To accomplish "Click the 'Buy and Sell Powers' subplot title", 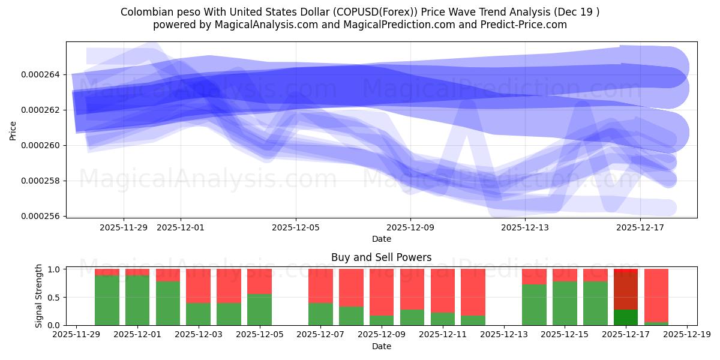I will click(381, 257).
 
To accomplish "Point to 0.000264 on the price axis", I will click(44, 74).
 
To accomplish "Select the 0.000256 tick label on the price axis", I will click(44, 216).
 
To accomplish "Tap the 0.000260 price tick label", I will click(44, 145).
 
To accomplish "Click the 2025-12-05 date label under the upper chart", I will click(295, 227).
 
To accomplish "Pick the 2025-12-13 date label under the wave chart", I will click(525, 227).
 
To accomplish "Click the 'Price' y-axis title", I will click(13, 130).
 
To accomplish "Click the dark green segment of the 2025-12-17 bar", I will click(626, 317).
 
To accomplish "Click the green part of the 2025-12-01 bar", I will click(137, 300).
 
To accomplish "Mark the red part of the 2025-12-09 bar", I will click(382, 291).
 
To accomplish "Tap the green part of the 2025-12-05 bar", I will click(259, 310).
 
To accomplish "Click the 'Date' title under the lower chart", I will click(381, 346).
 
